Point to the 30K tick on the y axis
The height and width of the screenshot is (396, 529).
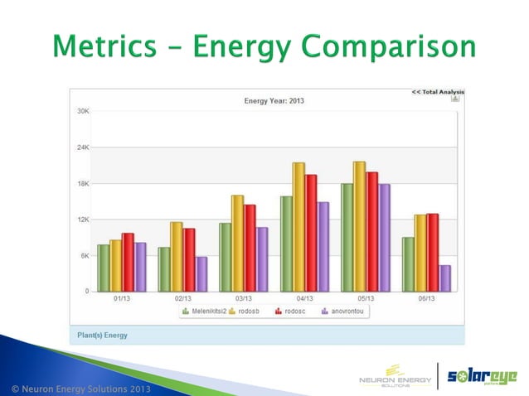[84, 110]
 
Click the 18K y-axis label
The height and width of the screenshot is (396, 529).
[84, 183]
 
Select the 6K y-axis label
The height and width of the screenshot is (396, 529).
[85, 255]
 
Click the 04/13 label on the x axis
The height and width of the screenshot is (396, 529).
[304, 298]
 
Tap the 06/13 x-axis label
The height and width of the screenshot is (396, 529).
[426, 298]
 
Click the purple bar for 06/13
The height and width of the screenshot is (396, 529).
[445, 278]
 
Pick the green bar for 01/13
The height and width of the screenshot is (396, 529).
[103, 268]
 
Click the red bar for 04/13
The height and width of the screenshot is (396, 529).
[311, 233]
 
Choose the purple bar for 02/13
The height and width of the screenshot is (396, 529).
[201, 274]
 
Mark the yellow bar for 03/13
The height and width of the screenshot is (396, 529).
[237, 244]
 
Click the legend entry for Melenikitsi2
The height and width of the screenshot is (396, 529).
[202, 312]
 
